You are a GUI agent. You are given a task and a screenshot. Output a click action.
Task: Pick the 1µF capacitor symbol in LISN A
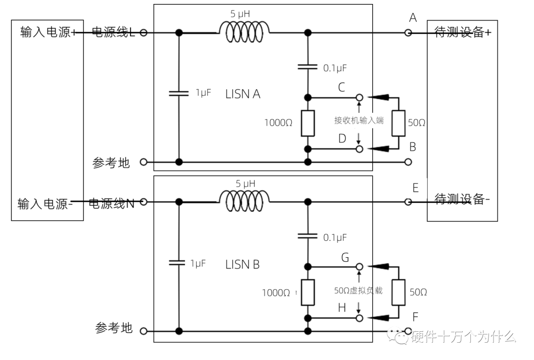tap(179, 92)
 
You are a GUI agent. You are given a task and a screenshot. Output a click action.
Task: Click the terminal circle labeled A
tap(408, 33)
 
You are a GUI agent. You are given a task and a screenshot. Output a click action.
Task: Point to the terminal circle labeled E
tap(408, 202)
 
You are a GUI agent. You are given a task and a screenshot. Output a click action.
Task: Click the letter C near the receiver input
tap(342, 88)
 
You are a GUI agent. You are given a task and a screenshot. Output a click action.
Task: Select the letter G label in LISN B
tap(345, 257)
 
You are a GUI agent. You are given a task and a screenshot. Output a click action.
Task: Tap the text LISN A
tap(243, 94)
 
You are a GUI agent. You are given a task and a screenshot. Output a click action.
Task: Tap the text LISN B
tap(242, 265)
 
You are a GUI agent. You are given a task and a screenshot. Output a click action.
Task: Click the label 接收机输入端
tap(359, 120)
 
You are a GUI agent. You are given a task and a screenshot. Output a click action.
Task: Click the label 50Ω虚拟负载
tap(358, 290)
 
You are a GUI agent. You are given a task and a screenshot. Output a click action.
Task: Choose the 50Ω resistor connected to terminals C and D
tap(399, 123)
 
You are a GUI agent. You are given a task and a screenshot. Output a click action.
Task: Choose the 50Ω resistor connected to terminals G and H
tap(399, 292)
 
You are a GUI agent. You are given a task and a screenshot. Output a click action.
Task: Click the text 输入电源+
tap(48, 33)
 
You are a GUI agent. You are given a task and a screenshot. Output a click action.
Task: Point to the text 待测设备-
tap(462, 199)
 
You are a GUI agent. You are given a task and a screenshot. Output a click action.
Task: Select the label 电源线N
tap(112, 203)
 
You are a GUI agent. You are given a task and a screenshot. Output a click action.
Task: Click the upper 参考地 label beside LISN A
tap(111, 163)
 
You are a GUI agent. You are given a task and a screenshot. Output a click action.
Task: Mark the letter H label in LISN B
tap(342, 308)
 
